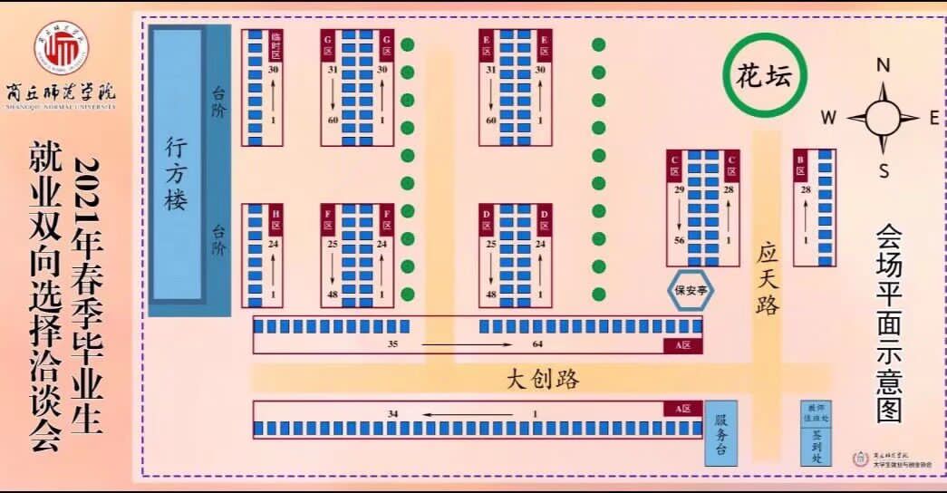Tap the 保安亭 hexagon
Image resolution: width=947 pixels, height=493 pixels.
click(x=691, y=291)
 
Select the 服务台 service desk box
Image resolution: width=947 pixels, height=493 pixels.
click(x=721, y=433)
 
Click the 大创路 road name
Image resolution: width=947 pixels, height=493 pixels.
click(x=542, y=379)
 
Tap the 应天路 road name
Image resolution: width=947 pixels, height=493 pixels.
click(x=768, y=277)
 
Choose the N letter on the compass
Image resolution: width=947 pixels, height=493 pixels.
click(x=884, y=65)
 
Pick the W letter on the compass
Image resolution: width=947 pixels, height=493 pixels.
click(x=828, y=117)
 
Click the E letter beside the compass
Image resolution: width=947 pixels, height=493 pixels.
click(x=933, y=117)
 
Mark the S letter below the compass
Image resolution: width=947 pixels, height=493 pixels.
click(x=884, y=170)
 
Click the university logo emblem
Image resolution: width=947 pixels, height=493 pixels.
click(x=61, y=50)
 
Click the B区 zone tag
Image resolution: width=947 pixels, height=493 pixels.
click(x=801, y=166)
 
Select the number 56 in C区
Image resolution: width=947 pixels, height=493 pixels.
click(x=678, y=240)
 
